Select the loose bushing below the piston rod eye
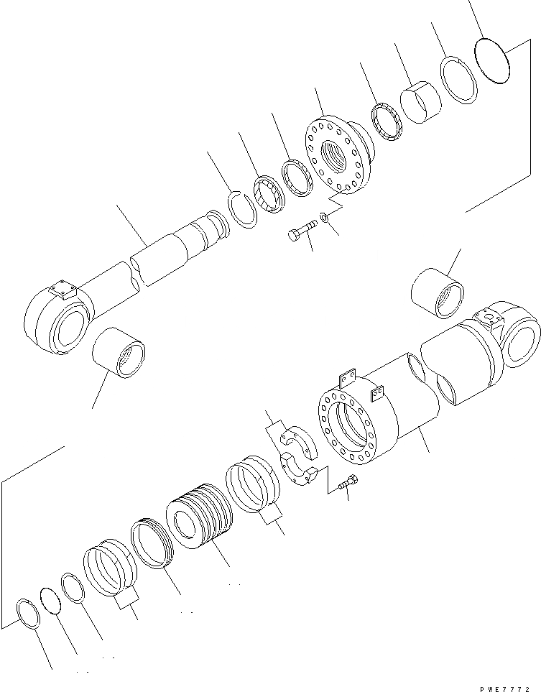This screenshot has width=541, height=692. point(119,351)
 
